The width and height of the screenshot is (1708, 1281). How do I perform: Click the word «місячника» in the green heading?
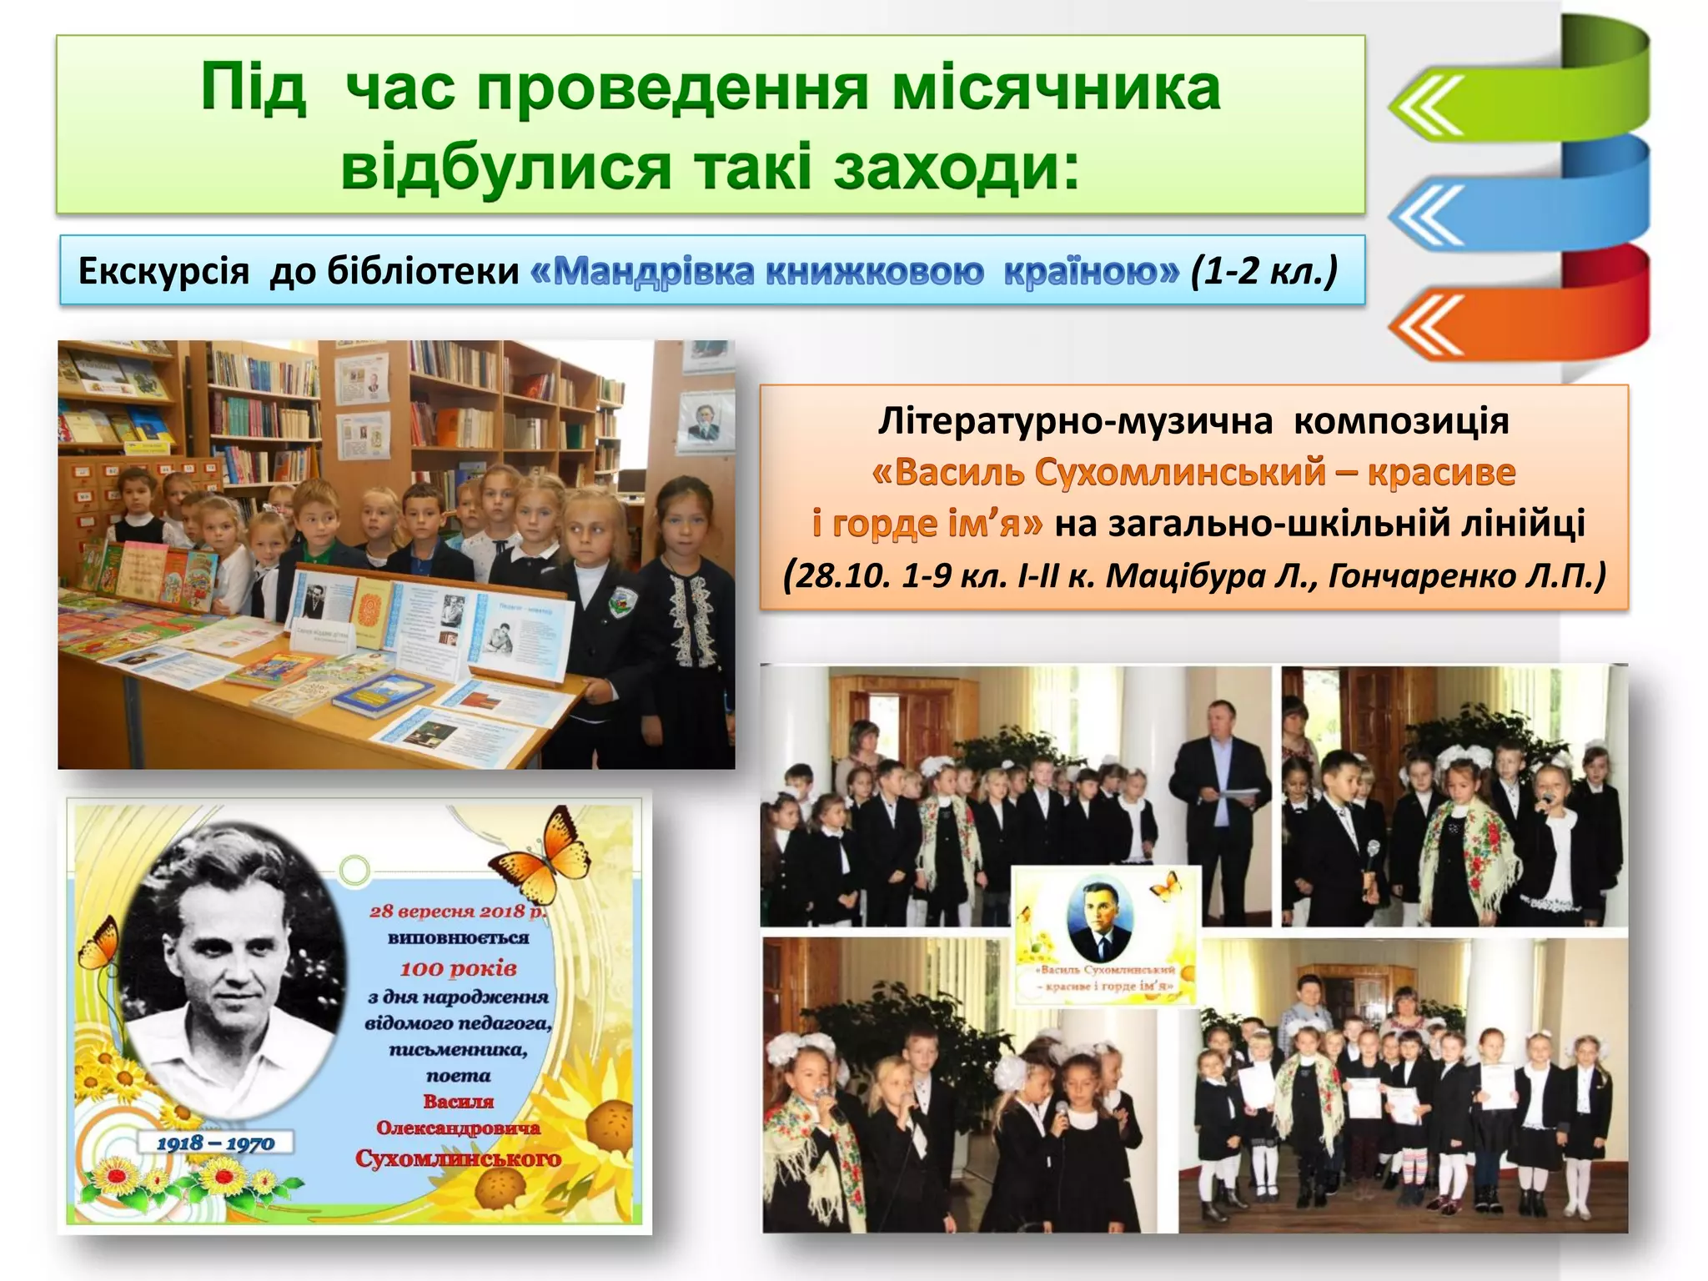pos(1056,88)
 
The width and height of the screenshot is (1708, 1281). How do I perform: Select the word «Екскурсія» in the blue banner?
pos(163,271)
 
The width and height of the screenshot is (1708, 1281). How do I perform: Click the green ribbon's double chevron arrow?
pos(1427,105)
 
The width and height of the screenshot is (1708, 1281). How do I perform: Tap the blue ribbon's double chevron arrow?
pos(1427,214)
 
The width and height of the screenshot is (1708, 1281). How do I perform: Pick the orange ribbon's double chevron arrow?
pos(1427,324)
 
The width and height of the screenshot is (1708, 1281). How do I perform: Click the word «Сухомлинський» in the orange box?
pos(1180,472)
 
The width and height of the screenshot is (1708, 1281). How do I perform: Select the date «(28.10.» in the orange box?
pos(838,575)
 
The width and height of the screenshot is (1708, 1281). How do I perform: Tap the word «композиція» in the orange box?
pos(1401,421)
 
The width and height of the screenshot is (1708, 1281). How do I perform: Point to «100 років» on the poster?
pos(458,968)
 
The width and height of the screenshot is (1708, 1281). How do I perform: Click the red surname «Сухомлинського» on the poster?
pos(458,1158)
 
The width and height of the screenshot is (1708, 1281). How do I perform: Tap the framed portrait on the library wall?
pos(706,419)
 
